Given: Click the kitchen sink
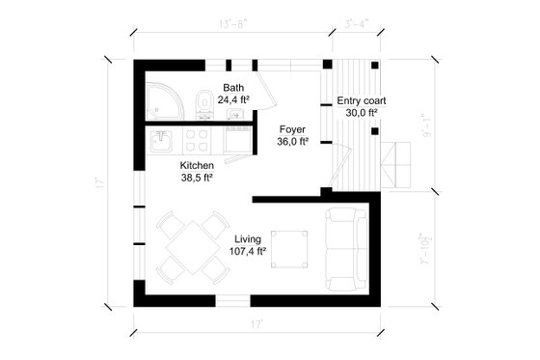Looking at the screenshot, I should tap(161, 145).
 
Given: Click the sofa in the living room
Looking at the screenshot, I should tap(344, 242).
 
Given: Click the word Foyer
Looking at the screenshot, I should tap(292, 128).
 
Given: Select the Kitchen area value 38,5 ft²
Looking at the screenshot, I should tap(196, 178).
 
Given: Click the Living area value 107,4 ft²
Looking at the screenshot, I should tap(247, 251).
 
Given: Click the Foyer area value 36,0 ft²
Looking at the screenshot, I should tap(292, 141).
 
